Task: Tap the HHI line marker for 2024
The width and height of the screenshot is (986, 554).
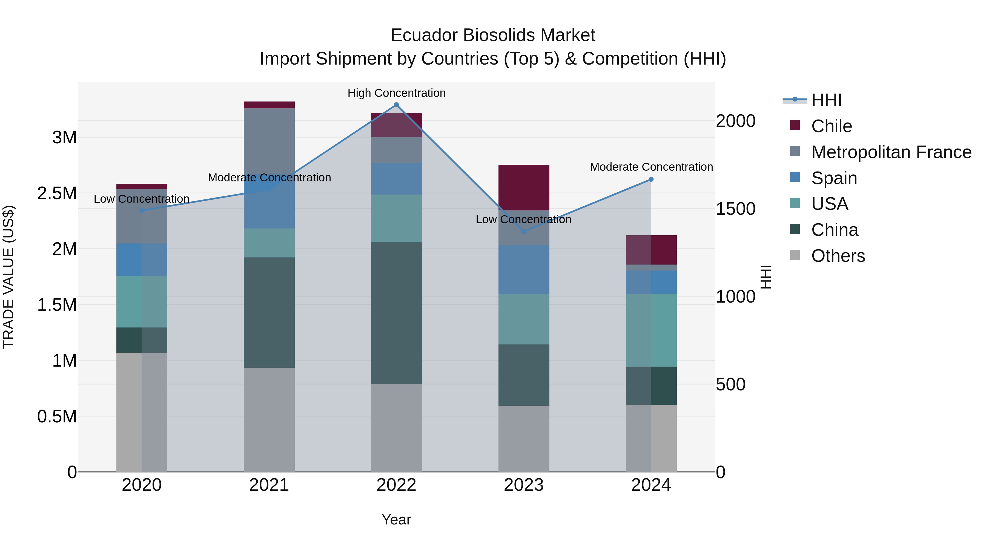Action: tap(651, 179)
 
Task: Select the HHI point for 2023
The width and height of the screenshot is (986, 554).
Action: tap(524, 231)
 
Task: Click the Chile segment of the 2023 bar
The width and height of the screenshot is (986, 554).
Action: tap(524, 187)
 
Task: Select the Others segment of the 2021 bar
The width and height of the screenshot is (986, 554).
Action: tap(269, 419)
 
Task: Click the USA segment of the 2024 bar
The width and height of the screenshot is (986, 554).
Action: tap(651, 330)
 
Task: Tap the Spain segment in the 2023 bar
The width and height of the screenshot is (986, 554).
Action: tap(524, 269)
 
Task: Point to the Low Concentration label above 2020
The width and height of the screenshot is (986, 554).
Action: tap(141, 199)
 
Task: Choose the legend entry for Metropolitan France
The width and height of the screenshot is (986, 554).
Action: tap(891, 152)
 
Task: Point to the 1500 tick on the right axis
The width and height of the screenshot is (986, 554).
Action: tap(735, 209)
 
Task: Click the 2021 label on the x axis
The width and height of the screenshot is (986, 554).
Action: tap(269, 485)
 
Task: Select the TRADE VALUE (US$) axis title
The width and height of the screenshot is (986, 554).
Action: tap(8, 277)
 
